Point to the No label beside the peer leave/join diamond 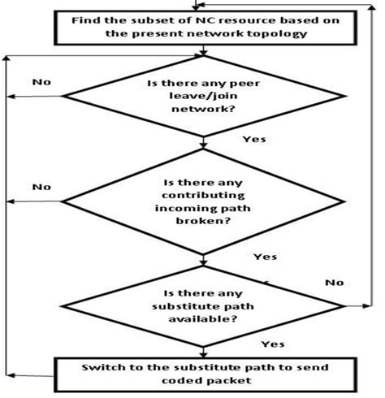pos(41,82)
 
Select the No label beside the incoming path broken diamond pos(41,186)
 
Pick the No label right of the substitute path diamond pos(334,283)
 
